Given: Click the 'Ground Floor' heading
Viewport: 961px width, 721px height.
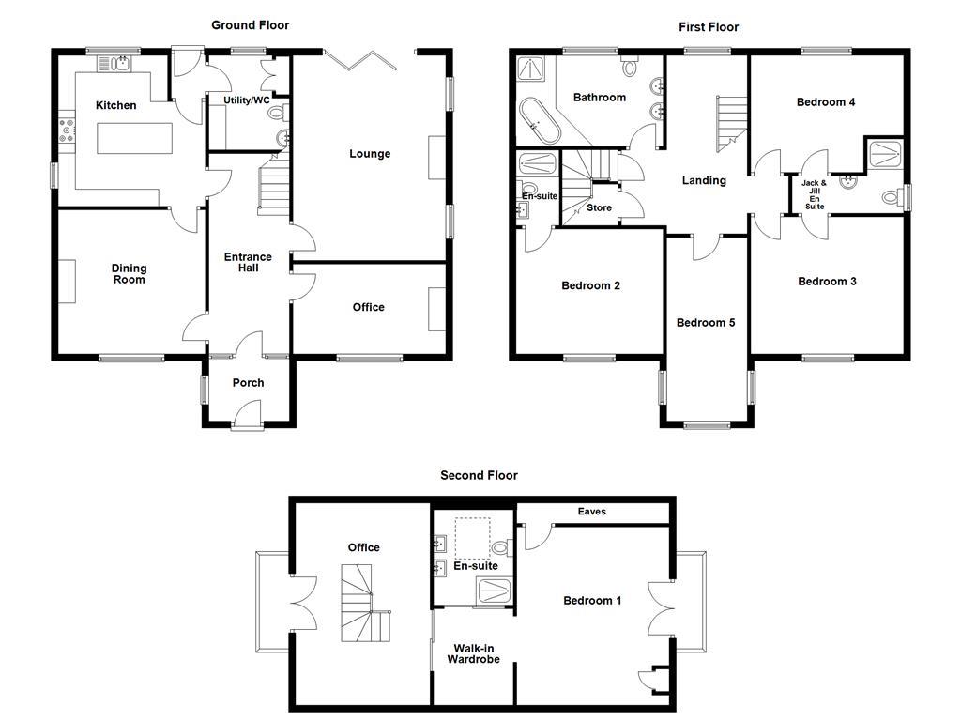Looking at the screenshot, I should coord(250,25).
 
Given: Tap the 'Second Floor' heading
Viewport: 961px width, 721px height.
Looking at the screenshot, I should coord(479,475).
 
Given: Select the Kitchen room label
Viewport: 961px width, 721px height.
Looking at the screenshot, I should coord(116,105).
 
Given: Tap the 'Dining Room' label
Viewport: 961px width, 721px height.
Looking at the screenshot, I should coord(130,273).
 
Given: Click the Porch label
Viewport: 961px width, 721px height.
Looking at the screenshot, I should coord(248,382).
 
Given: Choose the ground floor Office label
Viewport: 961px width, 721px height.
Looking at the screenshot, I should coord(368,307).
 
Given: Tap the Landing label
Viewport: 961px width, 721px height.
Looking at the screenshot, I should coord(704,180).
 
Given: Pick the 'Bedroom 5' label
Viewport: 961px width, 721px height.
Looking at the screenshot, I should coord(706,322).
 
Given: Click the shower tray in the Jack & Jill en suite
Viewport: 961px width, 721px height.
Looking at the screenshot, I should coord(885,154).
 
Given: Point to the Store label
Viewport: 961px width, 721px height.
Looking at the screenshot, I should coord(598,208).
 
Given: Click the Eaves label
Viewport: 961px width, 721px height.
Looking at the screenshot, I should coord(592,512).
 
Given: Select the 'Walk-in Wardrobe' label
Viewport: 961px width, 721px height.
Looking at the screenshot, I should coord(476,653).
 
